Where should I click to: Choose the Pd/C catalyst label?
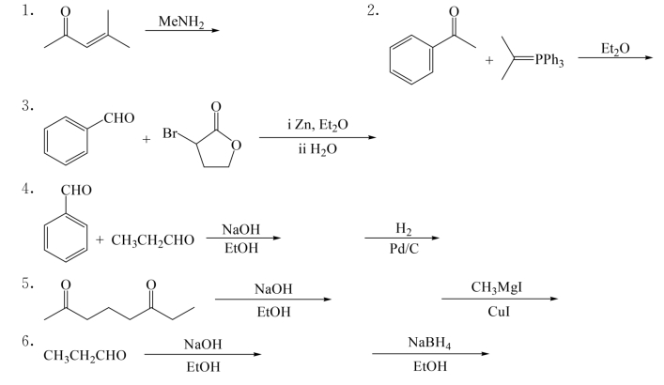coord(401,250)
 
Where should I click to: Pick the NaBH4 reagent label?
coord(431,342)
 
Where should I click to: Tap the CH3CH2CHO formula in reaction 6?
coord(81,356)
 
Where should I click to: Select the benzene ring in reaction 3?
coord(67,142)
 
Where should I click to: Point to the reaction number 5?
coord(29,282)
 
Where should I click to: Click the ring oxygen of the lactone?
coord(237,144)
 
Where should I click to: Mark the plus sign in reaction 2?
coord(488,61)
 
